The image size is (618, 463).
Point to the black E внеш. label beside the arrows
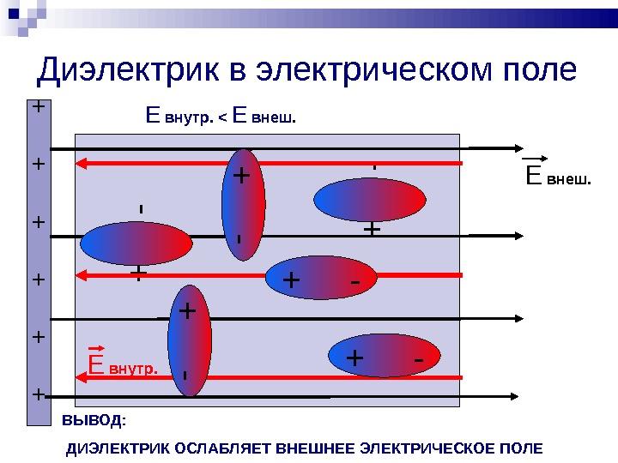click(x=558, y=177)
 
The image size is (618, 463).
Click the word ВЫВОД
click(x=94, y=420)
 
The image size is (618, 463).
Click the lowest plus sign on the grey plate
click(x=38, y=394)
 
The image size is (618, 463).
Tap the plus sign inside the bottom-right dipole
click(x=354, y=357)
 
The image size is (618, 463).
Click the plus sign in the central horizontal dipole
click(x=291, y=280)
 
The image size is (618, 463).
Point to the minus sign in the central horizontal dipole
click(x=354, y=280)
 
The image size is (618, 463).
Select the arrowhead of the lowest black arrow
click(x=511, y=396)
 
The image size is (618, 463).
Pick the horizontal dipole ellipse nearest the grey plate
click(x=135, y=243)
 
